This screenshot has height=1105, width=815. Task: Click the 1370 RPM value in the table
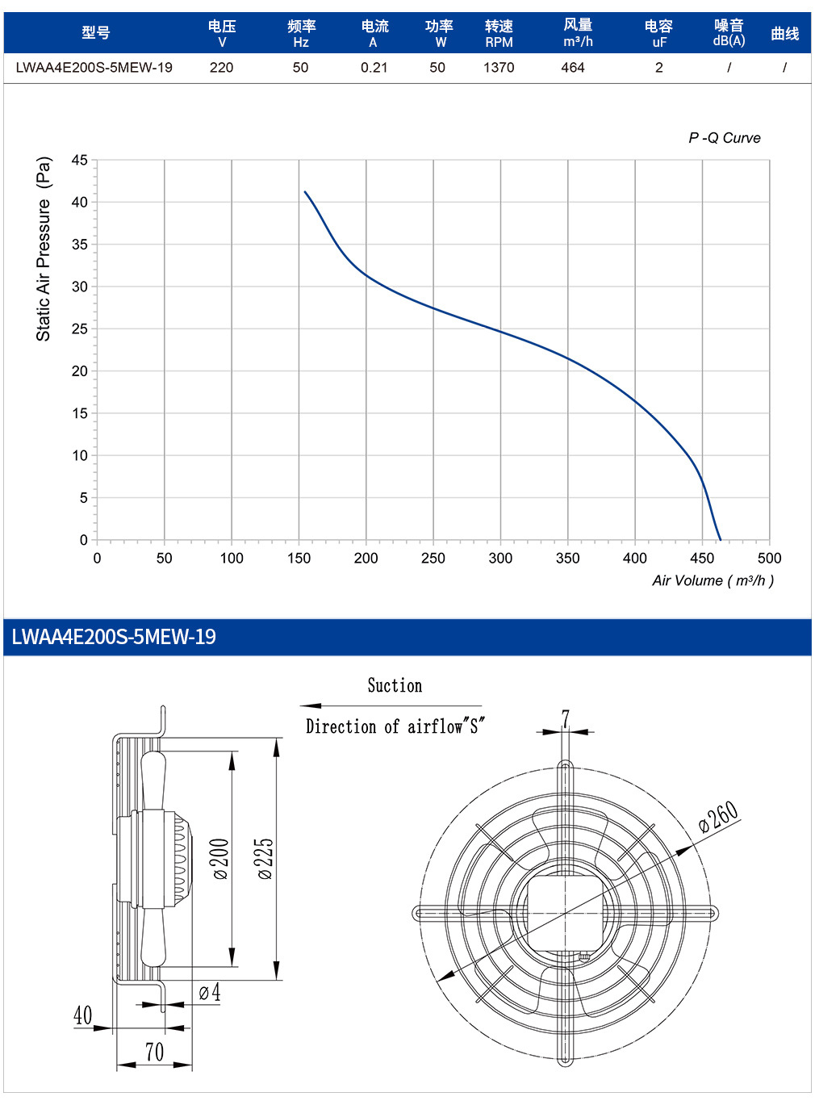tap(498, 67)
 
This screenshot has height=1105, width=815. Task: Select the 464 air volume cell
tap(572, 67)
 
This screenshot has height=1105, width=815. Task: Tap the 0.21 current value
tap(374, 67)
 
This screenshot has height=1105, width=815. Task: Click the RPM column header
tap(499, 33)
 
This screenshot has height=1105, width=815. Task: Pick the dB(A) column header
tap(729, 33)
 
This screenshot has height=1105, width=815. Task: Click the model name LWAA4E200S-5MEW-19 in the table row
tap(94, 67)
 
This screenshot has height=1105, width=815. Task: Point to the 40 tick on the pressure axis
tap(79, 203)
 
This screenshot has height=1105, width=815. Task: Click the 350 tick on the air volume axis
tap(567, 558)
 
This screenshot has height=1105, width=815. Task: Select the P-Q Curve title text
tap(725, 138)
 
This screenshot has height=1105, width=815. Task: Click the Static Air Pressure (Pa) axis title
tap(44, 249)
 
